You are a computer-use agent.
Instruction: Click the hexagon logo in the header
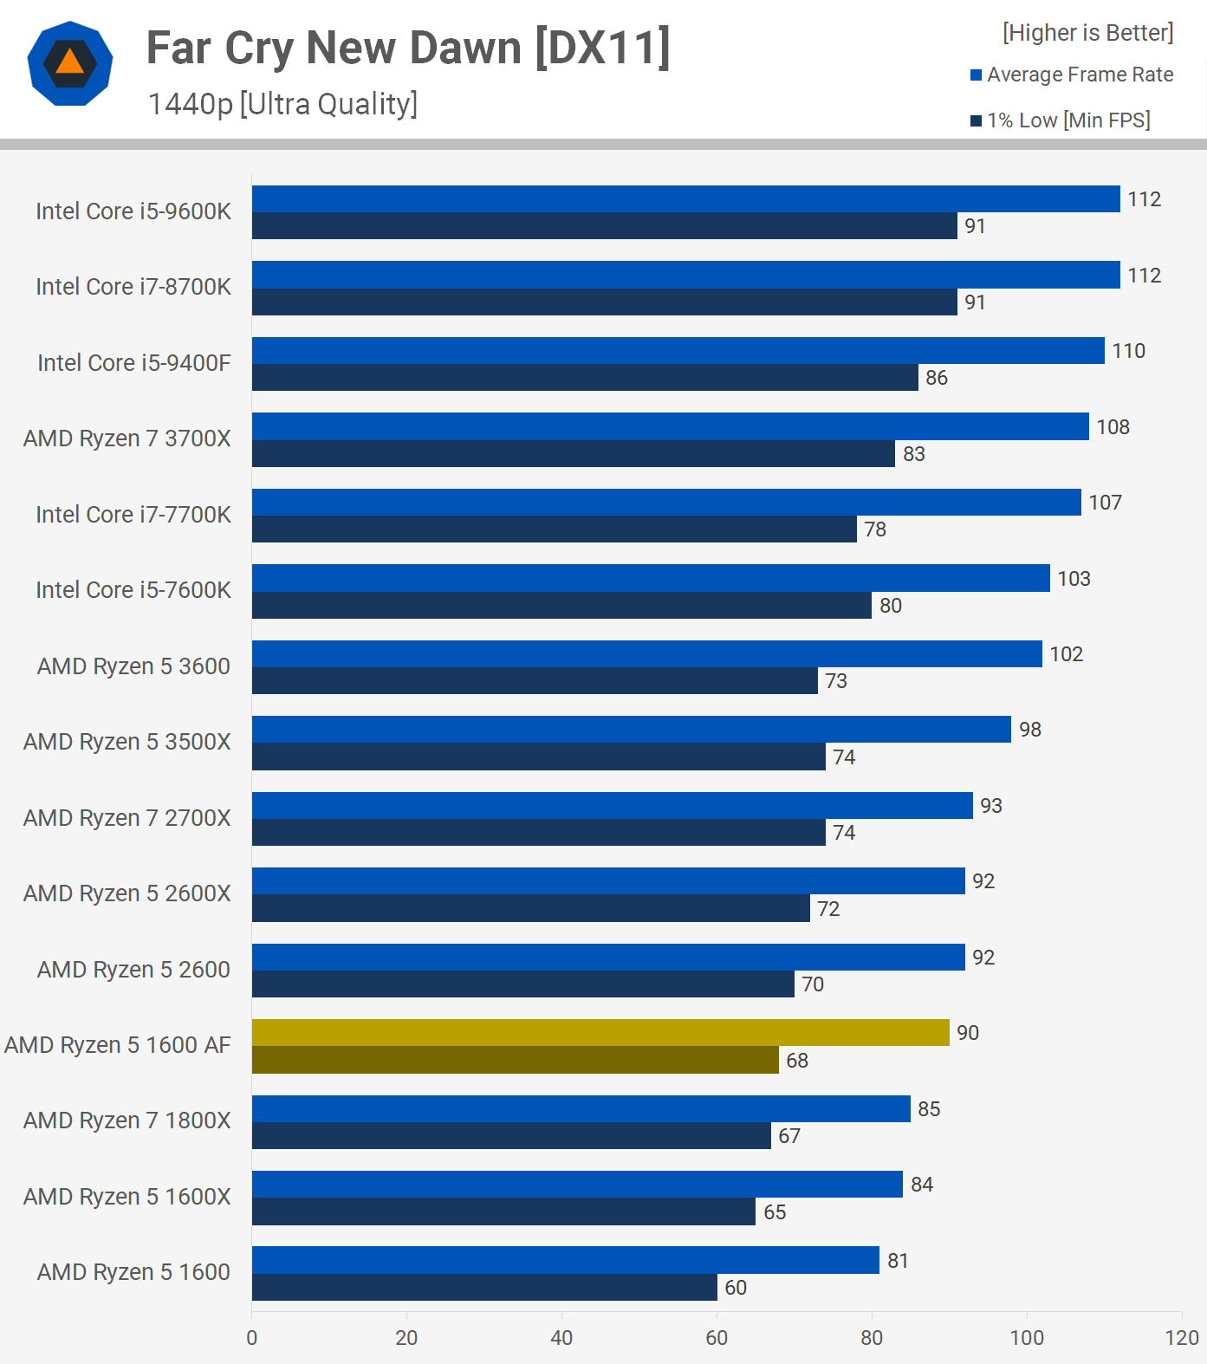tap(70, 64)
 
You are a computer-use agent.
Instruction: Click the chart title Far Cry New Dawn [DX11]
tap(408, 49)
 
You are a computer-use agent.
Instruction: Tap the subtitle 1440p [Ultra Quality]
tap(282, 104)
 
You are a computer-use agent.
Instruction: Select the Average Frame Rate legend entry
tap(1072, 75)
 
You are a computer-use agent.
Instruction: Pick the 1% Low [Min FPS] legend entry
tap(1061, 120)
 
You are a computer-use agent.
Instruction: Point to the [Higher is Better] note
tap(1087, 33)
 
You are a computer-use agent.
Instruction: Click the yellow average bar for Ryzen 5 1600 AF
tap(600, 1032)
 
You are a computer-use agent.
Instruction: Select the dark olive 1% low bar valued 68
tap(515, 1060)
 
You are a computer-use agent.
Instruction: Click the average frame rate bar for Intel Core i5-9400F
tap(678, 350)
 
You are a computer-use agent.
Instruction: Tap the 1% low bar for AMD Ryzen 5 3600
tap(535, 680)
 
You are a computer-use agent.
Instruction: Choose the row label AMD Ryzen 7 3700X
tap(127, 438)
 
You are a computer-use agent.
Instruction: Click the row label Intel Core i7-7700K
tap(133, 515)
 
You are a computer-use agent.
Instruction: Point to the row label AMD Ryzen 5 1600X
tap(127, 1197)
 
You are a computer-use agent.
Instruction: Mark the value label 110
tap(1128, 351)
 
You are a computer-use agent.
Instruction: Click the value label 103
tap(1074, 579)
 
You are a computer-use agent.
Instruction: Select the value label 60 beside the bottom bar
tap(736, 1288)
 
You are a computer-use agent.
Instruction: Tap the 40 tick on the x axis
tap(561, 1338)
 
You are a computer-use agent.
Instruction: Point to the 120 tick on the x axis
tap(1182, 1338)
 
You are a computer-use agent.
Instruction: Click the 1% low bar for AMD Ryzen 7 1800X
tap(511, 1135)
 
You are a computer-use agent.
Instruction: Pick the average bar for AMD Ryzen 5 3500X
tap(631, 729)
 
